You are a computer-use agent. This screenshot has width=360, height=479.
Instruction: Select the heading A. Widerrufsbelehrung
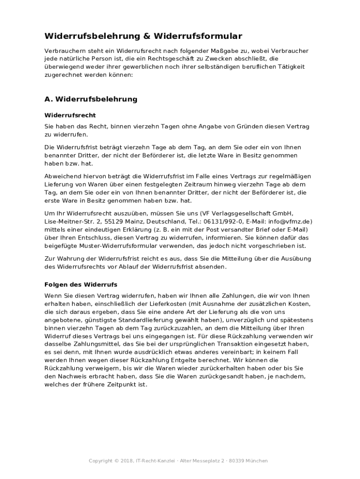pos(91,99)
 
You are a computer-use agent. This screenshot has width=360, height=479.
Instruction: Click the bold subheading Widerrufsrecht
pos(70,115)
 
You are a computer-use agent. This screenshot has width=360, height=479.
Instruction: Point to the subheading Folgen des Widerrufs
pos(81,284)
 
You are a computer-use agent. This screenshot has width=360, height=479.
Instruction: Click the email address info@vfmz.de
pos(290,221)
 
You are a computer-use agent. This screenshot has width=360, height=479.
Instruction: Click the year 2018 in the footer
pos(126,461)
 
